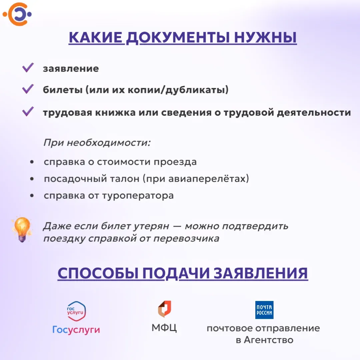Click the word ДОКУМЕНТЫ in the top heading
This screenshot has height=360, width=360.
(x=178, y=37)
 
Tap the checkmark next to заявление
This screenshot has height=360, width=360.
(x=28, y=67)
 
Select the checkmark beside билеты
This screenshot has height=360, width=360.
(x=28, y=89)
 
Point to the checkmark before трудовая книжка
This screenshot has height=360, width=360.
(x=28, y=111)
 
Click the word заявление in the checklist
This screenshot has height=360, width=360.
(x=71, y=68)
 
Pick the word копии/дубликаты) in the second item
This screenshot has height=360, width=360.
(x=178, y=90)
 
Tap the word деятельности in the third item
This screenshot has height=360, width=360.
(x=314, y=113)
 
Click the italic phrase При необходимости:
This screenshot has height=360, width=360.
(x=97, y=143)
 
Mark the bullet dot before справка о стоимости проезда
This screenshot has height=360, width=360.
(x=32, y=162)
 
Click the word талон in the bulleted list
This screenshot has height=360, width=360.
(x=125, y=179)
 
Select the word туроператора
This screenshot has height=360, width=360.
(x=138, y=196)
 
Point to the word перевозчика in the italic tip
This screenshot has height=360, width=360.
(x=186, y=239)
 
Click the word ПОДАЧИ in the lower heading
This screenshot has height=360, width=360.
(x=176, y=273)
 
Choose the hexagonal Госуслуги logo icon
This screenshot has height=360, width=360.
(x=76, y=311)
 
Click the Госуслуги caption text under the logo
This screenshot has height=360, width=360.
(x=76, y=330)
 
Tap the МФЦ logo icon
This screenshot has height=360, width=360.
(x=165, y=309)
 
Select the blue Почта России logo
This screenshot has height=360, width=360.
(x=264, y=310)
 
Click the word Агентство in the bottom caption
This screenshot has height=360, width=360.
(x=269, y=340)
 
